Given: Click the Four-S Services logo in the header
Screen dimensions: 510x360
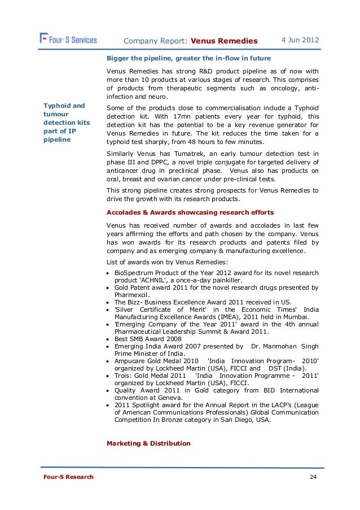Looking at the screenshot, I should click(x=68, y=40).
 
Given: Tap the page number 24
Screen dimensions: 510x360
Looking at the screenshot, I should click(x=313, y=477).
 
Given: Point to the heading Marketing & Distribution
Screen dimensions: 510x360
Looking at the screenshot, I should click(x=148, y=443).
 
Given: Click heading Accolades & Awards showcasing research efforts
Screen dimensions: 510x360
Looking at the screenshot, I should click(x=190, y=212).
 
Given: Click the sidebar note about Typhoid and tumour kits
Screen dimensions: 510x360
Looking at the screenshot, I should click(x=64, y=123).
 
